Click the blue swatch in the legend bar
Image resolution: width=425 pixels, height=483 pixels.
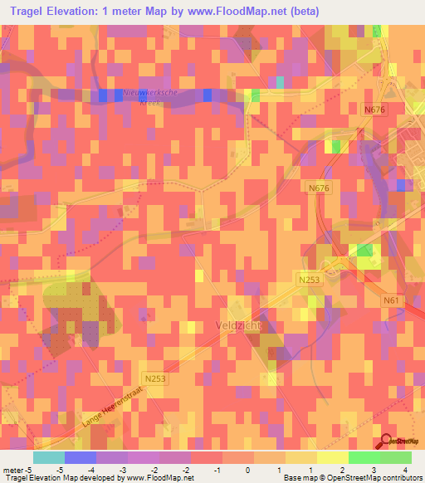tap(81, 456)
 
